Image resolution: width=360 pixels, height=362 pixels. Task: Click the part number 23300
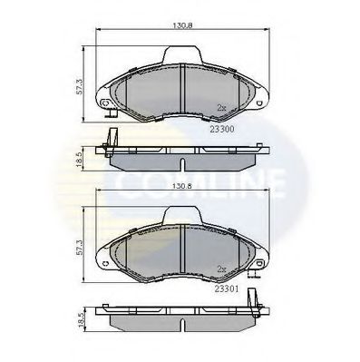coord(222,129)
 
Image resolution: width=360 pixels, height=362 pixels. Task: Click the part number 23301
coord(227,289)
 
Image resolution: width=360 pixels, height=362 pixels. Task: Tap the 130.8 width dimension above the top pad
coord(182,25)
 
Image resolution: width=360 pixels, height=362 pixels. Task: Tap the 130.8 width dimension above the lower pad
coord(182,186)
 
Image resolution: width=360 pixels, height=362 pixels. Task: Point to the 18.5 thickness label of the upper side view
coord(79,160)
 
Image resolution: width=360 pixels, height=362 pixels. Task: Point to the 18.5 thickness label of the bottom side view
coord(80,319)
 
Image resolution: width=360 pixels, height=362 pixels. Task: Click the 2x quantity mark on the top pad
coord(221,107)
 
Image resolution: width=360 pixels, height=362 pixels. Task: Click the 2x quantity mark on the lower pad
coord(221,269)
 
